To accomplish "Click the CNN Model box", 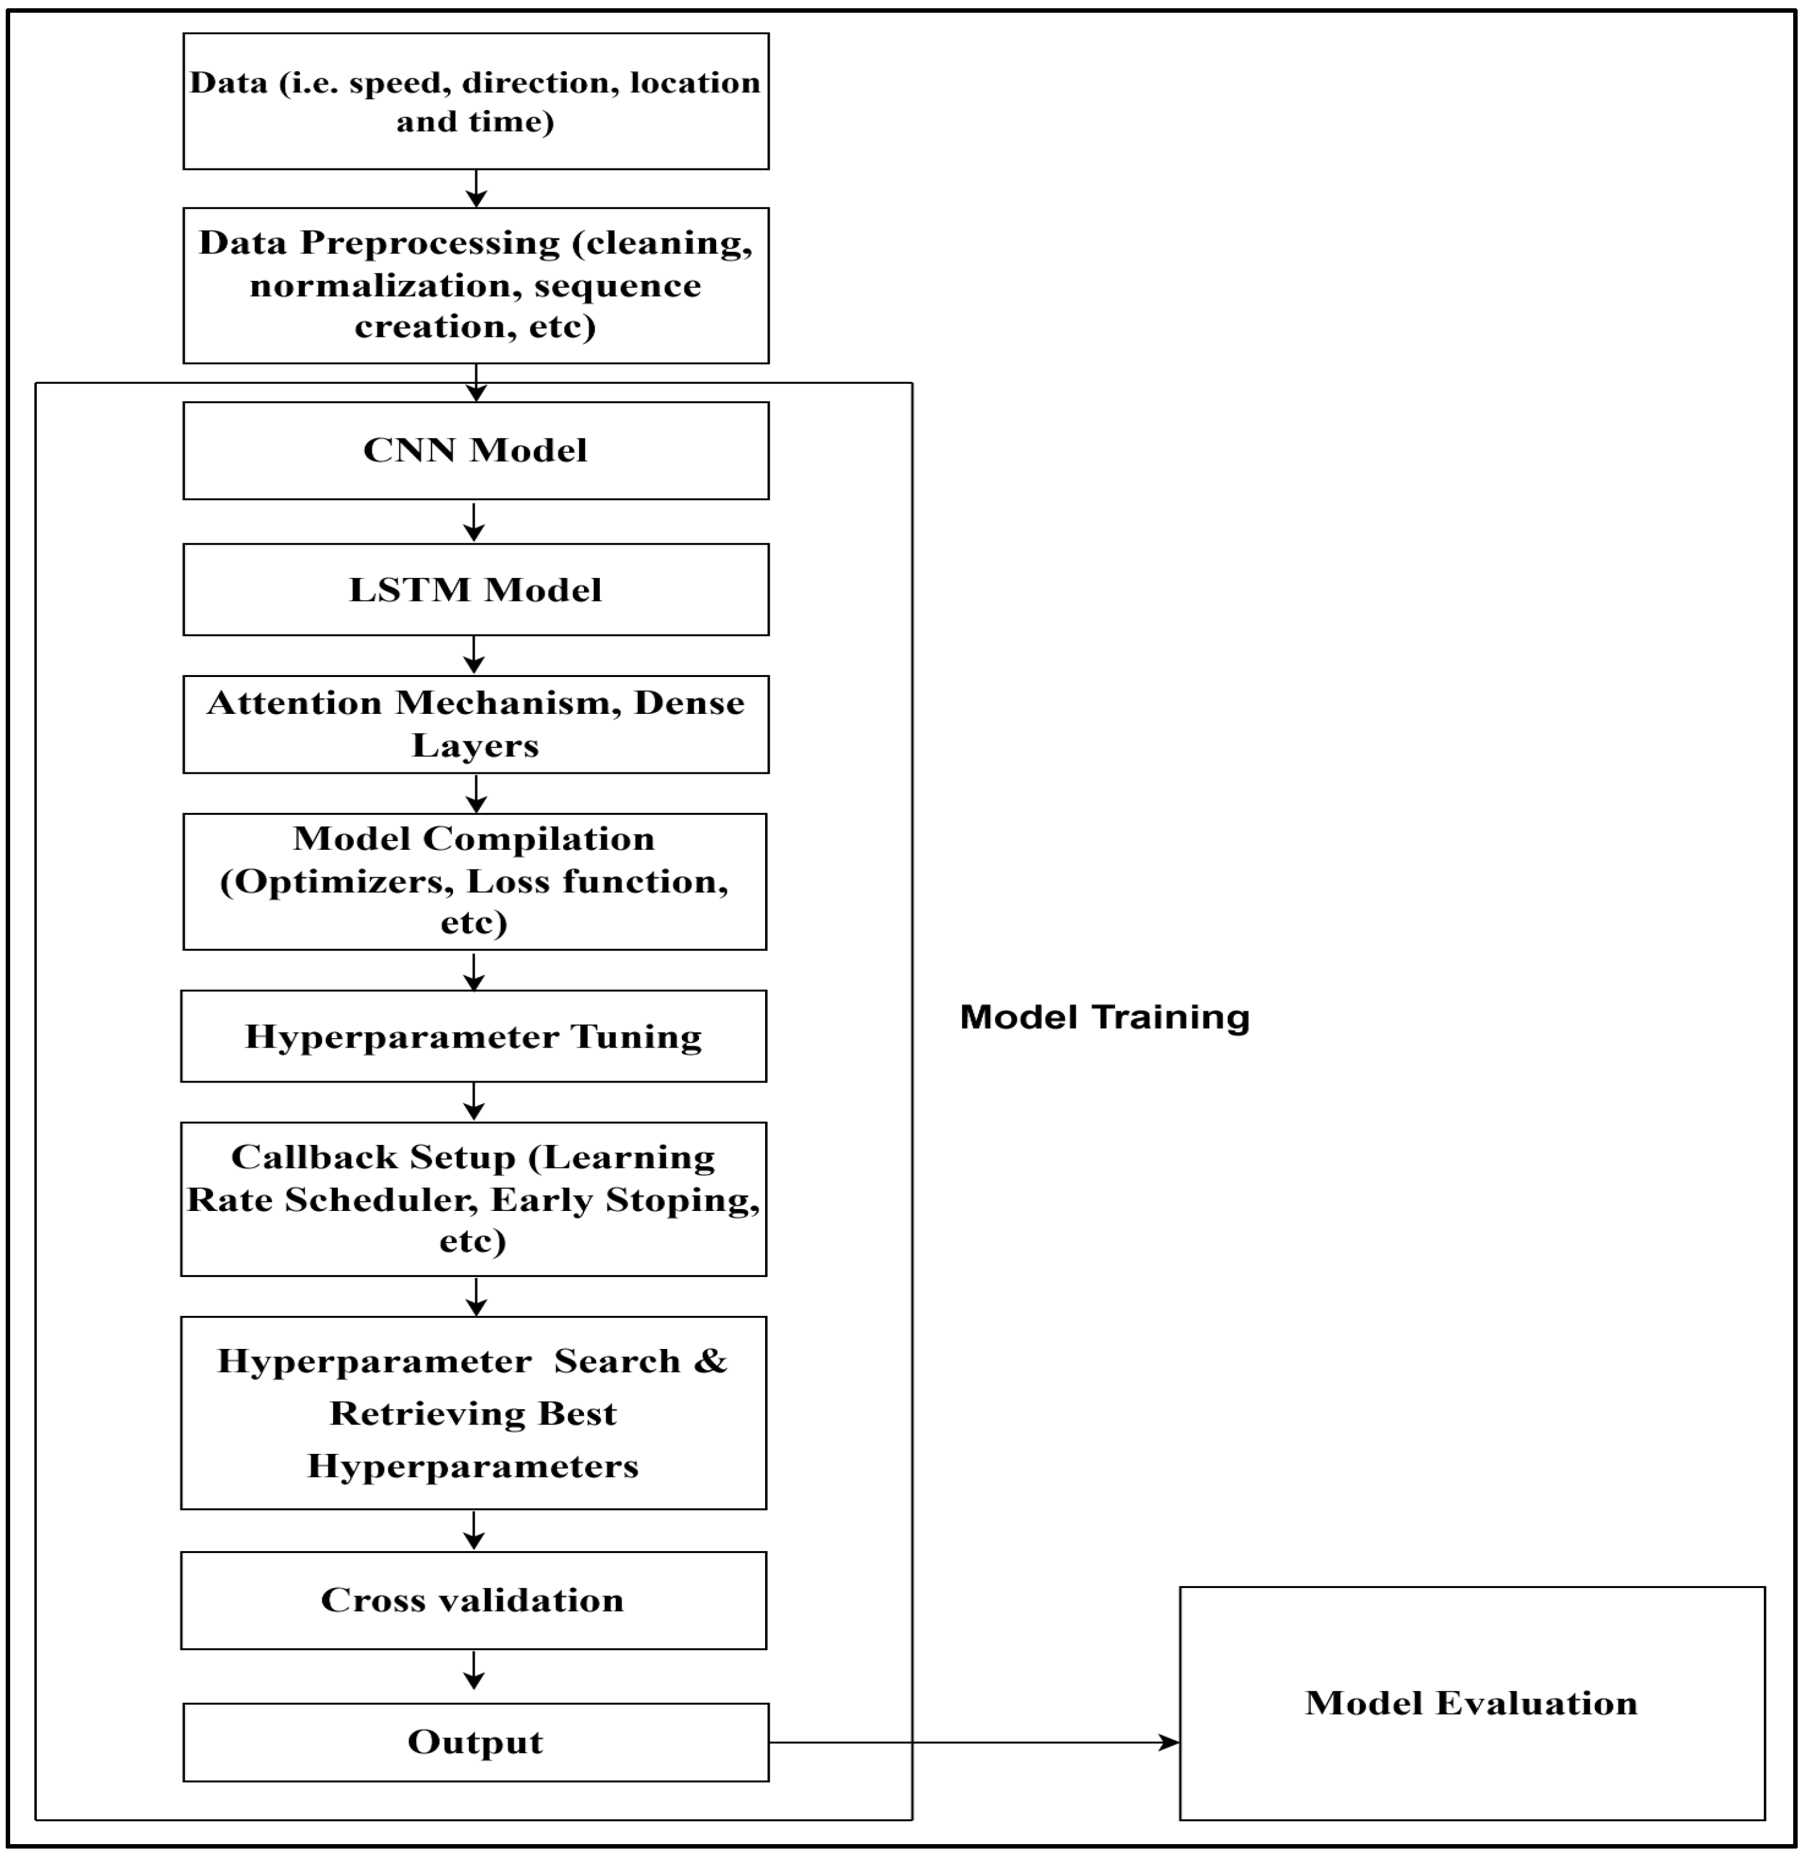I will pos(475,451).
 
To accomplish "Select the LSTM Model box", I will pos(475,591).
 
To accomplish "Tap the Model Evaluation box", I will pos(1472,1703).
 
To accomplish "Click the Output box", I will pos(475,1742).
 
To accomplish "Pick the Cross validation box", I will pos(473,1600).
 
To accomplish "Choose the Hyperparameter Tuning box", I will pos(473,1036).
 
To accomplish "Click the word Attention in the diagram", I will pos(294,703).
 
